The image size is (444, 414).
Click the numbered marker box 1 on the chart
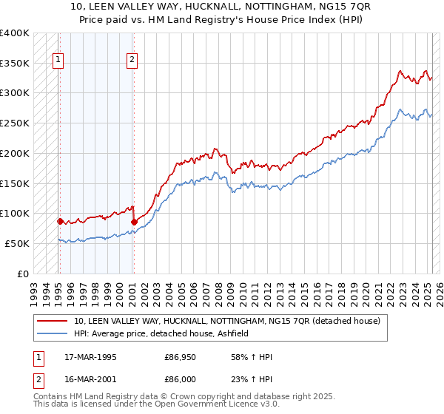[58, 61]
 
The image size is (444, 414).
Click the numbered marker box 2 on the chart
[132, 61]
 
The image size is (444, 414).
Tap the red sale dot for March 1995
[60, 221]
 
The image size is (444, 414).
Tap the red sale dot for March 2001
[134, 222]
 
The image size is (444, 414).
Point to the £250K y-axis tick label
[15, 123]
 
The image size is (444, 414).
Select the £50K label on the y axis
[17, 243]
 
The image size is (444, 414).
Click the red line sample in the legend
[53, 321]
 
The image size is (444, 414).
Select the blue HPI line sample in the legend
[53, 333]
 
